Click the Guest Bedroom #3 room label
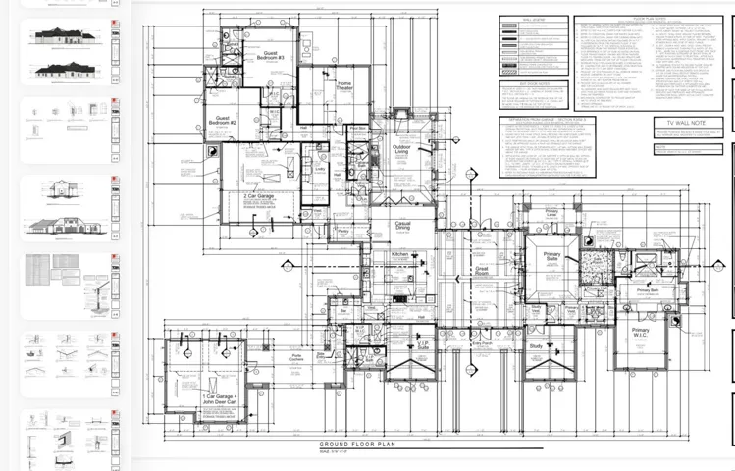tap(272, 56)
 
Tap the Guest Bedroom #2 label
tap(223, 121)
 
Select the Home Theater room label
tap(344, 86)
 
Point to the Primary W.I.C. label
tap(640, 333)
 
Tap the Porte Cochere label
tap(295, 359)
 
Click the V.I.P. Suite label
tap(423, 345)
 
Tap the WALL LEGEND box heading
tap(533, 19)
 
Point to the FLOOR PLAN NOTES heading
tap(650, 17)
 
